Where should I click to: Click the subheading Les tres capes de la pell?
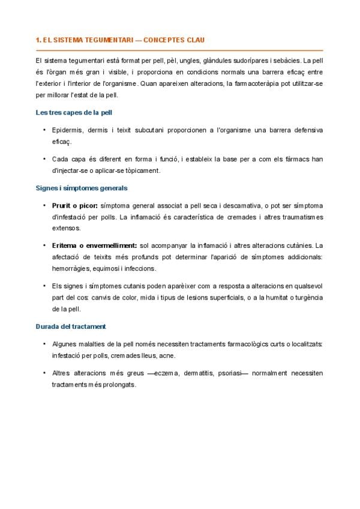tap(74, 112)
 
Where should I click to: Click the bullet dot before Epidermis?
tap(44, 130)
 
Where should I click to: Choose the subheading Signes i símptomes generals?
tap(81, 188)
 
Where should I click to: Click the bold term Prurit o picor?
tap(75, 205)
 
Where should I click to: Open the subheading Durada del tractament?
tap(71, 326)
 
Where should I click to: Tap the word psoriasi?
tap(229, 373)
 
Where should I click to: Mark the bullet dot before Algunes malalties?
tap(44, 344)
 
